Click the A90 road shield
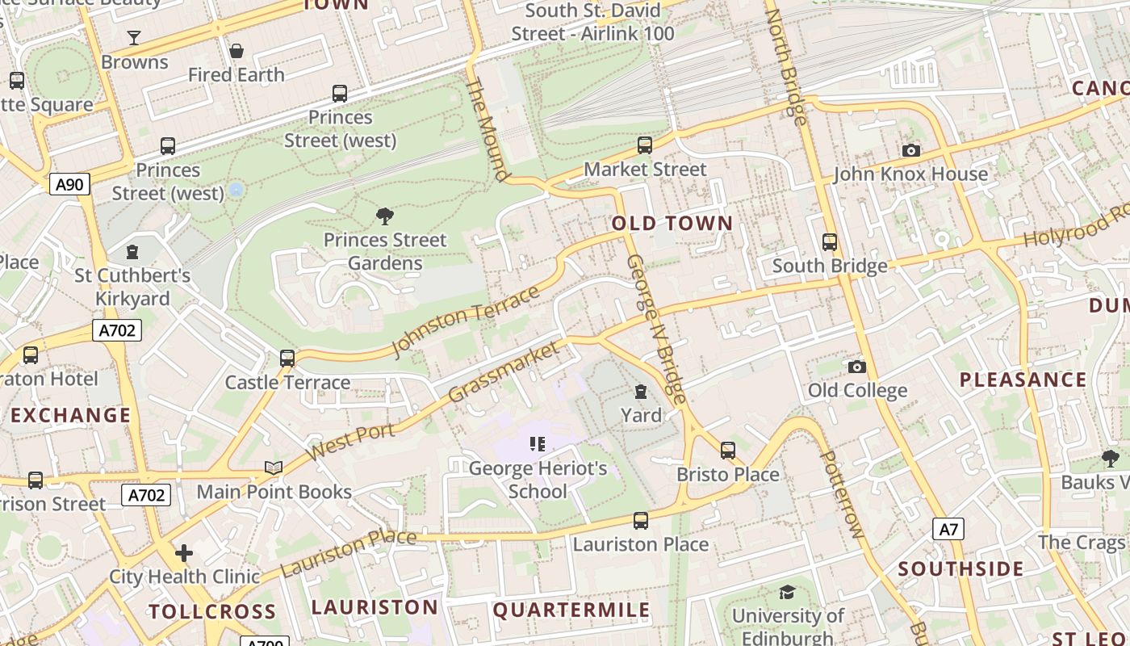pyautogui.click(x=69, y=184)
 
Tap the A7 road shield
pyautogui.click(x=948, y=529)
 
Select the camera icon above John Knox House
pyautogui.click(x=910, y=151)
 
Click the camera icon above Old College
pyautogui.click(x=856, y=367)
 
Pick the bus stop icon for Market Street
pyautogui.click(x=644, y=145)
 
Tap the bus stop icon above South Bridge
pyautogui.click(x=829, y=242)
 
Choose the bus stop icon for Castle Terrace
pyautogui.click(x=287, y=359)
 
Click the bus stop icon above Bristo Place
pyautogui.click(x=727, y=451)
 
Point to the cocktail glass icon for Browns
pyautogui.click(x=134, y=38)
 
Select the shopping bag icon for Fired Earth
pyautogui.click(x=236, y=52)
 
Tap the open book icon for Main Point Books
pyautogui.click(x=274, y=468)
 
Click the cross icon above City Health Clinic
pyautogui.click(x=184, y=553)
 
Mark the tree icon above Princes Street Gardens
pyautogui.click(x=385, y=216)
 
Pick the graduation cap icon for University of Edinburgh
pyautogui.click(x=787, y=593)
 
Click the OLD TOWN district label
pyautogui.click(x=672, y=224)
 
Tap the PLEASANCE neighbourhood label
pyautogui.click(x=1023, y=380)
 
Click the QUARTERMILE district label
pyautogui.click(x=571, y=610)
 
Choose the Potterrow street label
pyautogui.click(x=841, y=494)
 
